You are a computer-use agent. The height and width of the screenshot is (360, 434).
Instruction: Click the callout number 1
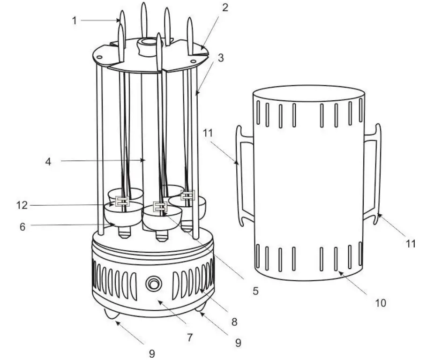[x=74, y=20]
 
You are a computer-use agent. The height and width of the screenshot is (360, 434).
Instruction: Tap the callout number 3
[x=221, y=59]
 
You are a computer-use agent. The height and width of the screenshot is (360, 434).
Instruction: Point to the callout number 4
[x=49, y=162]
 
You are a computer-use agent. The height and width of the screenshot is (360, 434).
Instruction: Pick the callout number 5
[x=255, y=290]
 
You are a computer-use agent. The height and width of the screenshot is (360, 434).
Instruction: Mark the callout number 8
[x=234, y=322]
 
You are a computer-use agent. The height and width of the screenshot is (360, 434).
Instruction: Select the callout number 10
[x=381, y=303]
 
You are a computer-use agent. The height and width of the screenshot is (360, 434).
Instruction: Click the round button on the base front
[x=153, y=284]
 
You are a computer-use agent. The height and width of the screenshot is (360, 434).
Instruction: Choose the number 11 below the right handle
[x=410, y=243]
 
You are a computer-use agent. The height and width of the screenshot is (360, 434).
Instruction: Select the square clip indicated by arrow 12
[x=122, y=202]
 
